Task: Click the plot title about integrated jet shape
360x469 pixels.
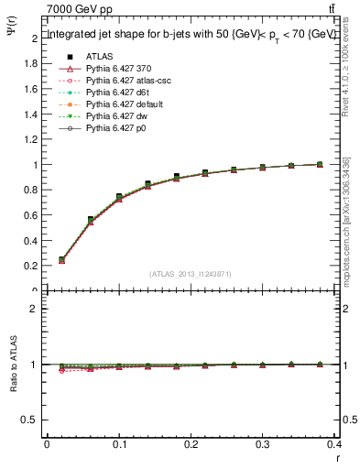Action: (x=191, y=34)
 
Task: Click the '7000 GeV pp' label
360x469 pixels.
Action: (x=79, y=9)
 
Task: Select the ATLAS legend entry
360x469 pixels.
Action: (x=99, y=56)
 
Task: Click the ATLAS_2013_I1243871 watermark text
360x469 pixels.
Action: (x=191, y=274)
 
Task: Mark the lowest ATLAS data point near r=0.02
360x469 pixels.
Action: (x=61, y=259)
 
